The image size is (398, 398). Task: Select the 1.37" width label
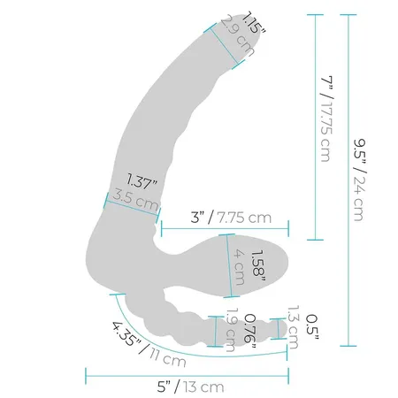click(x=141, y=182)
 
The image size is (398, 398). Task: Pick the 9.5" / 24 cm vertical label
click(x=359, y=180)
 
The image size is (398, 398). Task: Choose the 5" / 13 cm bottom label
click(x=187, y=386)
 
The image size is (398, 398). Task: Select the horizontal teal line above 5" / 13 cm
click(x=186, y=371)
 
